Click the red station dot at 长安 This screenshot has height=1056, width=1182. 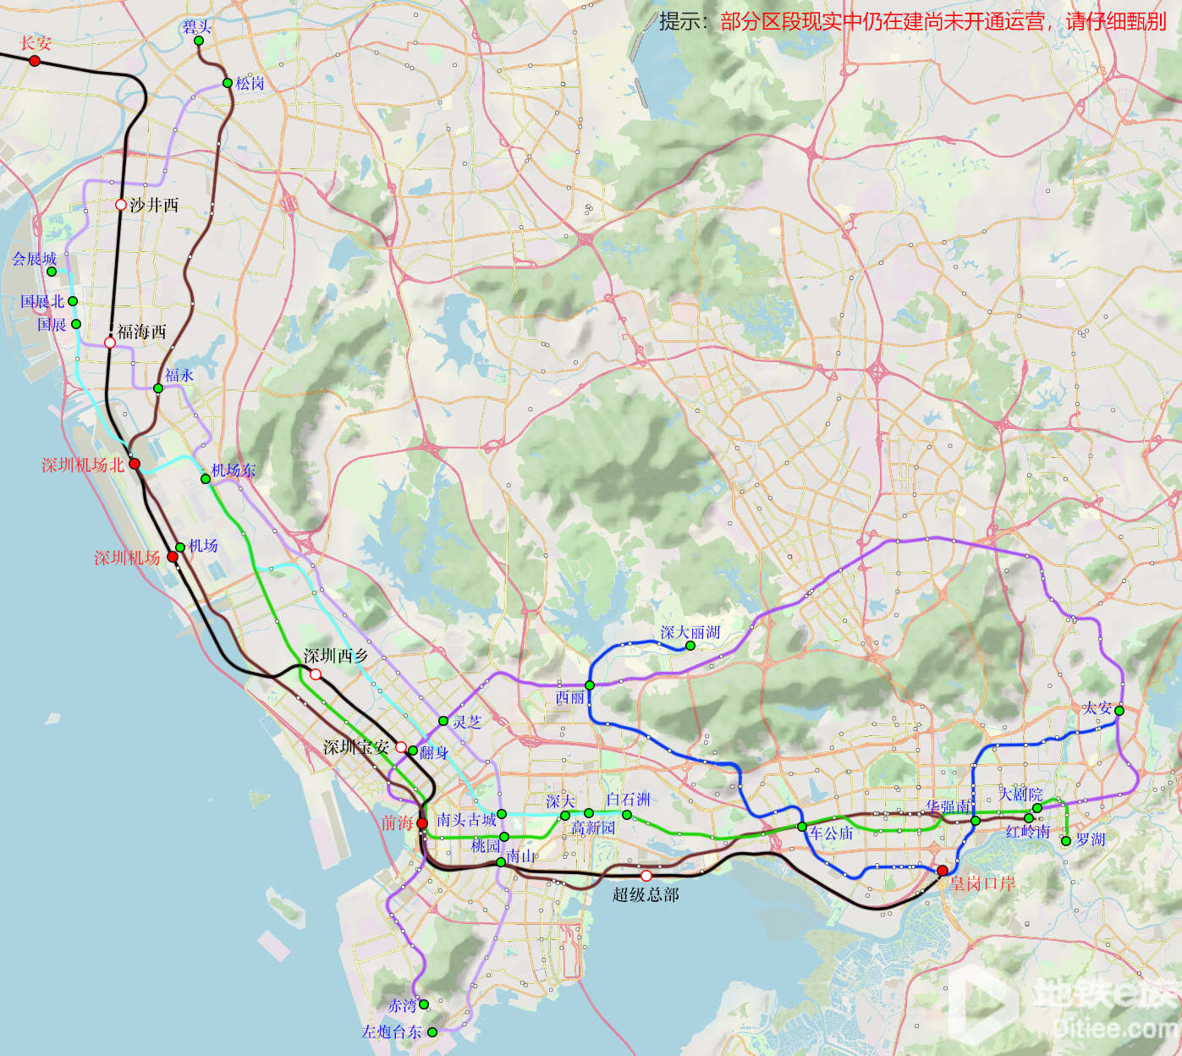click(x=35, y=61)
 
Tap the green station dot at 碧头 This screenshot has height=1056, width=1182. click(x=199, y=41)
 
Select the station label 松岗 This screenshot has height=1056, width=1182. click(x=250, y=84)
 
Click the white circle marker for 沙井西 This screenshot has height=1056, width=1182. click(x=121, y=205)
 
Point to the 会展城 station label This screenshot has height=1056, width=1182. click(x=34, y=259)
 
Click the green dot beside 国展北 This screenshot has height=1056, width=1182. click(x=73, y=301)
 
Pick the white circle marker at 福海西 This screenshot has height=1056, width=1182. click(x=110, y=343)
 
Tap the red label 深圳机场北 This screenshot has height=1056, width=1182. click(x=83, y=465)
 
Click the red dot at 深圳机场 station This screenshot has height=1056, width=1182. click(x=173, y=557)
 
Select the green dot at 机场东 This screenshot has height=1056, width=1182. click(x=206, y=479)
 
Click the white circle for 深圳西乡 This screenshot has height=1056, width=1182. click(x=316, y=674)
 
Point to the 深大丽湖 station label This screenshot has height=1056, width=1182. click(x=690, y=633)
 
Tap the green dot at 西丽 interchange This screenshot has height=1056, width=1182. click(x=590, y=685)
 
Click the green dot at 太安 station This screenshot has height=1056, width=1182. click(x=1119, y=711)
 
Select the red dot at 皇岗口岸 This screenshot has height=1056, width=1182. click(x=943, y=871)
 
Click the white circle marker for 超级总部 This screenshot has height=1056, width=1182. click(x=646, y=876)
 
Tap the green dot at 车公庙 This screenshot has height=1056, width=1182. click(x=802, y=827)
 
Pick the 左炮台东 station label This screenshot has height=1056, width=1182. click(x=392, y=1032)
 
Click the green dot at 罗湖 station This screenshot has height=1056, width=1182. click(x=1066, y=841)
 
